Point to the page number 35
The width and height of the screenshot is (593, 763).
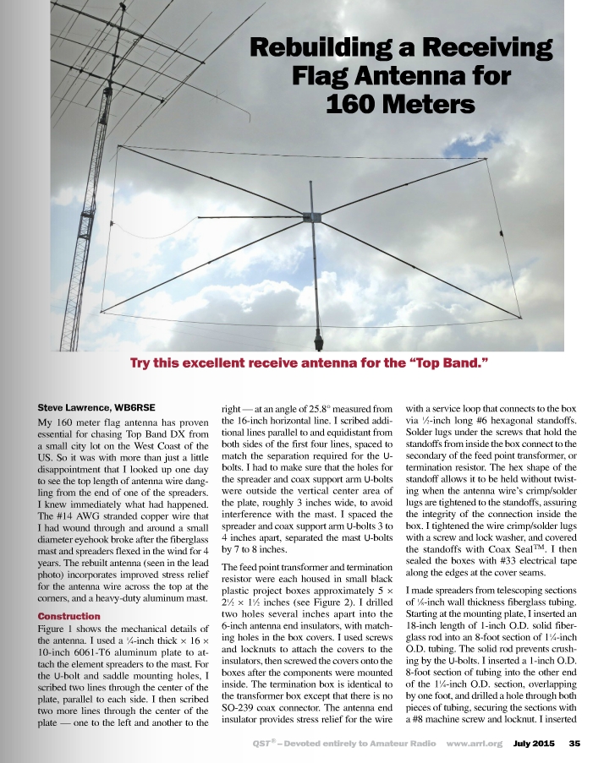pos(574,744)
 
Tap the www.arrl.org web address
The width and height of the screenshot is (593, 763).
pos(475,744)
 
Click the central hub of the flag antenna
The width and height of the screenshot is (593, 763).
pos(315,219)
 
